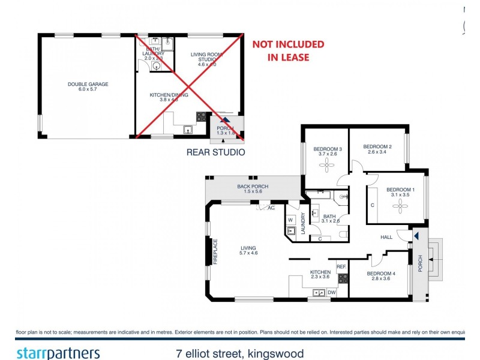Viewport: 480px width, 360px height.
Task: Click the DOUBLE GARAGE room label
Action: point(88,88)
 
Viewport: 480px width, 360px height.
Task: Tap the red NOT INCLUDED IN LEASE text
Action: point(288,51)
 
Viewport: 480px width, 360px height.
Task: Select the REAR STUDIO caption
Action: point(215,152)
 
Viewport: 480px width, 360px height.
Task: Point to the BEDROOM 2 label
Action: point(377,149)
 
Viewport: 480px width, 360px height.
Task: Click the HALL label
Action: point(386,237)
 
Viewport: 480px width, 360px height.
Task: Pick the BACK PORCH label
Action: point(253,190)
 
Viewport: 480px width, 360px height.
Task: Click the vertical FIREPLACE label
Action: point(215,251)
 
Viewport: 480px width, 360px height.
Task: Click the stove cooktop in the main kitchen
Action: point(343,278)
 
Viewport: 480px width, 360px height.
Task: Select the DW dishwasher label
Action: point(331,292)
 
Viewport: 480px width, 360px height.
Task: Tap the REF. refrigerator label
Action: point(340,266)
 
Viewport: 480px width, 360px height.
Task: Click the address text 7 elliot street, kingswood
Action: point(236,353)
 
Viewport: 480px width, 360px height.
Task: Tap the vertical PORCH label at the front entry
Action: point(421,262)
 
